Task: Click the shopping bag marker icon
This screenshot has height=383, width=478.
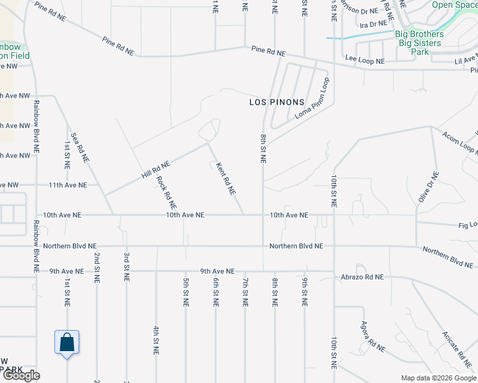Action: click(67, 343)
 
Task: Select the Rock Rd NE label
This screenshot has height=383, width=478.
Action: click(166, 193)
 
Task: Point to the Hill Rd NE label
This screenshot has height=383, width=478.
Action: click(156, 169)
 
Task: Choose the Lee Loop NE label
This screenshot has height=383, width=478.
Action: click(365, 61)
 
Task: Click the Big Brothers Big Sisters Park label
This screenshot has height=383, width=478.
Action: click(419, 43)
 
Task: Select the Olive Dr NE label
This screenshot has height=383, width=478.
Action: click(429, 188)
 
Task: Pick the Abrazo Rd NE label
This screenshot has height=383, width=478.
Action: click(362, 276)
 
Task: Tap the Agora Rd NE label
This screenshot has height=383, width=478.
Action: click(373, 337)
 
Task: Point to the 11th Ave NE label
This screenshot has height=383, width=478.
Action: click(67, 185)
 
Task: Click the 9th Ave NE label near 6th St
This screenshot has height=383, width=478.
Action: click(217, 271)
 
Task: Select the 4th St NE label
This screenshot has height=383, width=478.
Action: click(155, 340)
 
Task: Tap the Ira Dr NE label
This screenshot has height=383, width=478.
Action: click(370, 24)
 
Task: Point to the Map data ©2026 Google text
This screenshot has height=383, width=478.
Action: click(438, 377)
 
